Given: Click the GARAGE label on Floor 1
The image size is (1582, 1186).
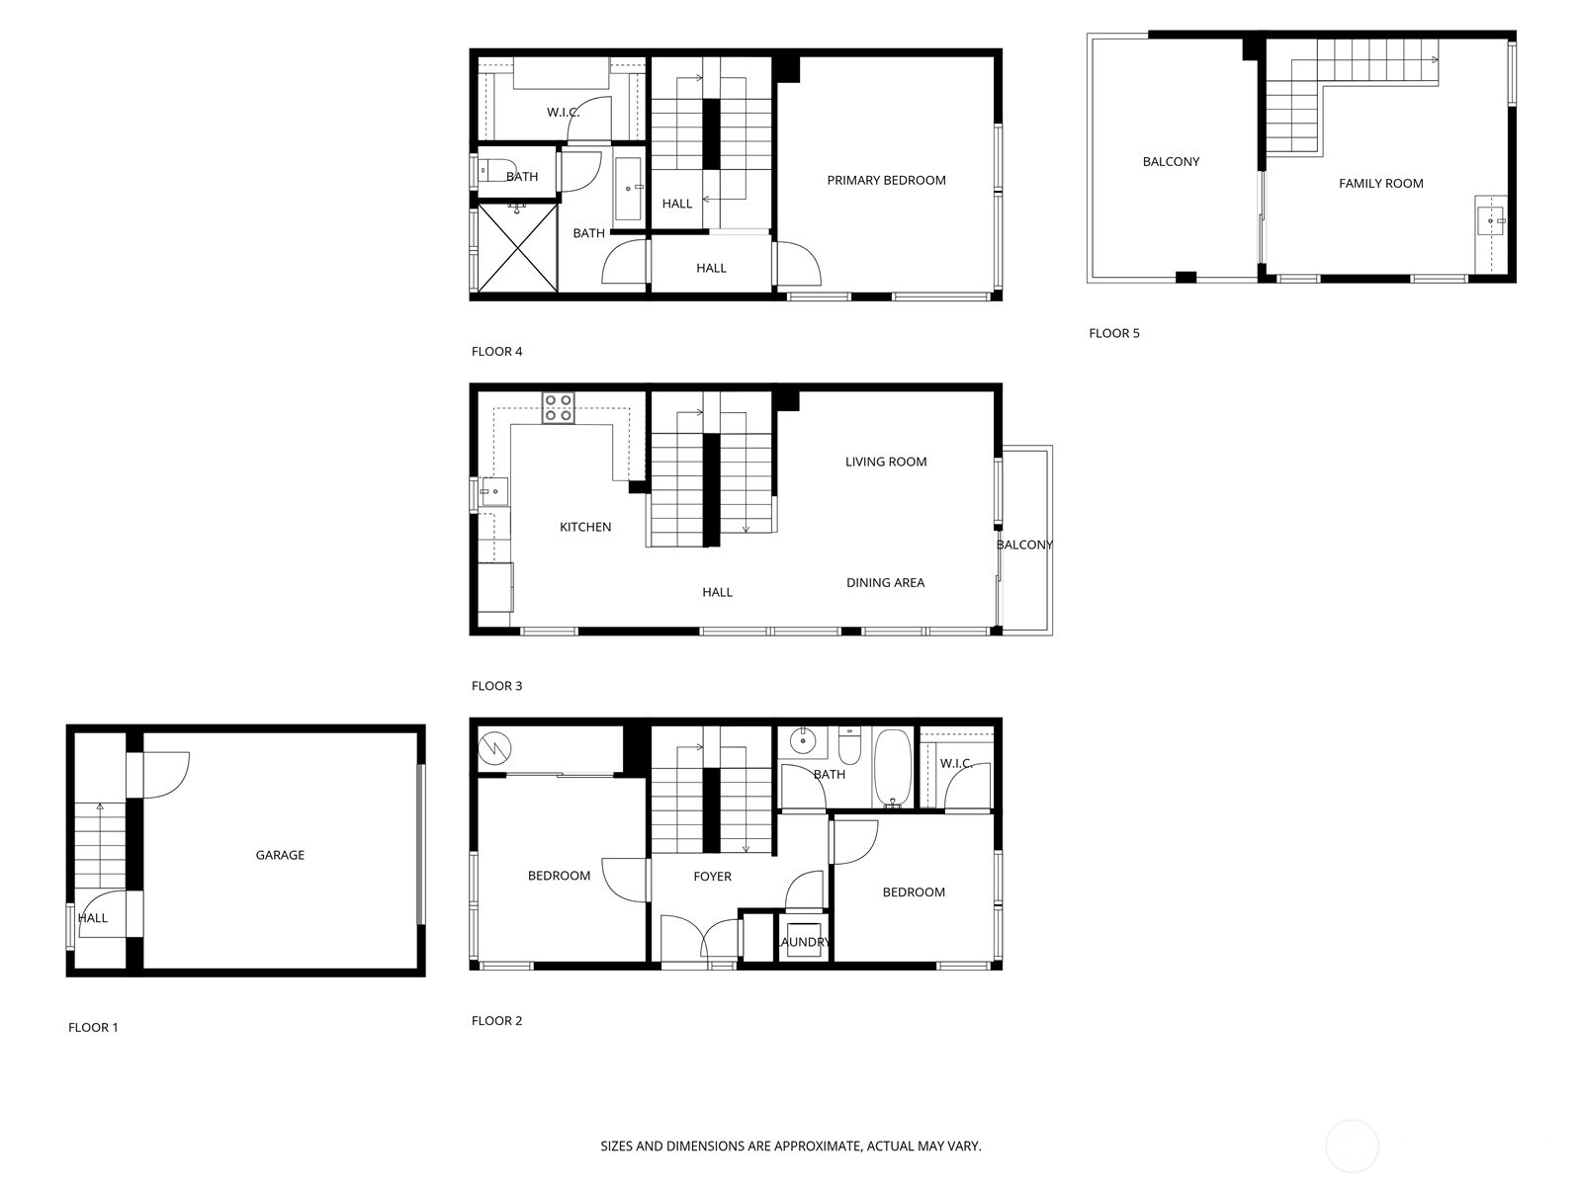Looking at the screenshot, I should (280, 855).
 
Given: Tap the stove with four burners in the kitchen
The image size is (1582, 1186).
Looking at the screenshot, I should (558, 408).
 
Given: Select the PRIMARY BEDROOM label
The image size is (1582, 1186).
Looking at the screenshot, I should (886, 180).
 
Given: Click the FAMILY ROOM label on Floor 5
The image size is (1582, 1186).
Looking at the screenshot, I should (1380, 183).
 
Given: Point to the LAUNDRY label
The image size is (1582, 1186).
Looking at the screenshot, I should (804, 942).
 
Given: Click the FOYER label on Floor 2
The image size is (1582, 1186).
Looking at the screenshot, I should (712, 876).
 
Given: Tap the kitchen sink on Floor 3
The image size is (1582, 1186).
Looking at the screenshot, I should (493, 491).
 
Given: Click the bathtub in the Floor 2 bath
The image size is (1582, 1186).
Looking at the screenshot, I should (893, 768).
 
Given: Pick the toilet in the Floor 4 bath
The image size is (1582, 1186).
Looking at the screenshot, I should (494, 171).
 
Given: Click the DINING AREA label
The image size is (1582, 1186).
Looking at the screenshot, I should (885, 582).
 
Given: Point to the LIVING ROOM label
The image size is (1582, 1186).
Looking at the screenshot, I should (886, 462).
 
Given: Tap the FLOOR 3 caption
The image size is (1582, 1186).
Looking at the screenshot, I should (496, 686).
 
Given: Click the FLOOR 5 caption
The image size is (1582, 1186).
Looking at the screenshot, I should (1113, 333).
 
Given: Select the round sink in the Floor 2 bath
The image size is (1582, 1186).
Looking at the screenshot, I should (804, 739).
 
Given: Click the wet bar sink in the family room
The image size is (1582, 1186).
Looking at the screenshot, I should (1489, 220).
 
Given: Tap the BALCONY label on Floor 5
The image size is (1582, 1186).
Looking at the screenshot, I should (1171, 161).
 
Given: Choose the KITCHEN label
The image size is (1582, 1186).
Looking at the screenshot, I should (585, 527).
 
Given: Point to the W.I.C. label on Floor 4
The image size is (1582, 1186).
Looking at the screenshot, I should (563, 113).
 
